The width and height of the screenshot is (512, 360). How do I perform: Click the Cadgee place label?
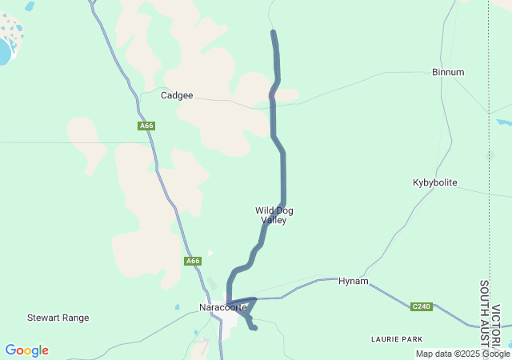(x=177, y=95)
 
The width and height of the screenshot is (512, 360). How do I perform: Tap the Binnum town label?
(x=447, y=72)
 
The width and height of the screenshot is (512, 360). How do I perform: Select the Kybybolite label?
(x=434, y=182)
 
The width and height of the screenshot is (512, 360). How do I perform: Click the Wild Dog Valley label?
(x=274, y=215)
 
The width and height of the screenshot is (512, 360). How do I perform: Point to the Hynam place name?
(x=353, y=281)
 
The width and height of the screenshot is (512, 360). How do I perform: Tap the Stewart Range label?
(x=58, y=318)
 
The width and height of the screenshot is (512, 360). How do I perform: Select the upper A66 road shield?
(x=146, y=126)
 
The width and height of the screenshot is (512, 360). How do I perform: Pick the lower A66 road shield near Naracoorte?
(x=193, y=261)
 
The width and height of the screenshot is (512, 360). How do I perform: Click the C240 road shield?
(x=422, y=306)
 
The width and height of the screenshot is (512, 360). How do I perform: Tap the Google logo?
(x=26, y=350)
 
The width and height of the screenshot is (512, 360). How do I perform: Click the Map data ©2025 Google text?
(x=462, y=354)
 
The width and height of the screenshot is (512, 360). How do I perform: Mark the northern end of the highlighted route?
(x=274, y=33)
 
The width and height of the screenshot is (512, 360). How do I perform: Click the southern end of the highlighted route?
(x=254, y=328)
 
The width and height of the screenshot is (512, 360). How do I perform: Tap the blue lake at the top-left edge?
(x=4, y=53)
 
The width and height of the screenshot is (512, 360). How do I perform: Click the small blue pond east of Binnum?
(x=504, y=123)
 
